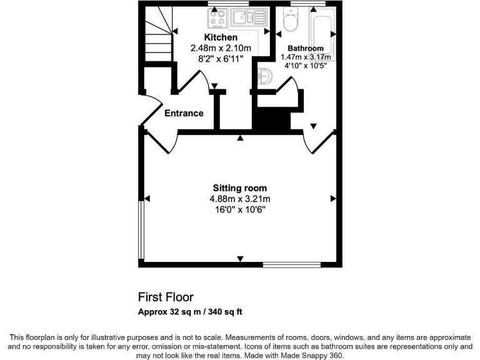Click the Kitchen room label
point(221,37)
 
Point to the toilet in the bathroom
point(291,22)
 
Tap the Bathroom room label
point(305,48)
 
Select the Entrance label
point(184,113)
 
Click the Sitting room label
point(239,187)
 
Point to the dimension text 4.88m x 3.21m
point(239,199)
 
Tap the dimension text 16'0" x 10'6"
point(239,209)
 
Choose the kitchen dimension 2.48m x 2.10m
point(221,48)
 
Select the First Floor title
point(166,297)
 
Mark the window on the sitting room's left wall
point(141,229)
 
